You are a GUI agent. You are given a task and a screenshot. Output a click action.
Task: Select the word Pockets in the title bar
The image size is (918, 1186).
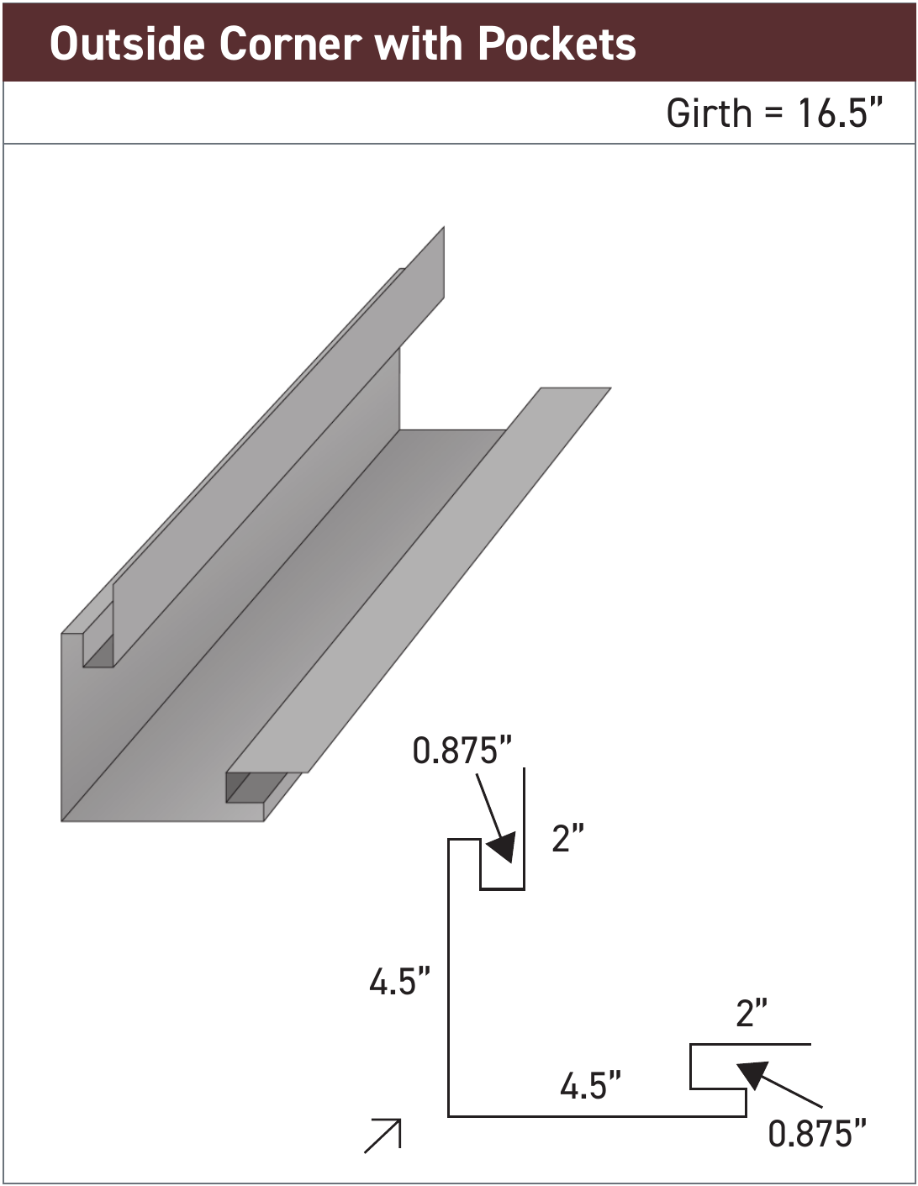tap(557, 44)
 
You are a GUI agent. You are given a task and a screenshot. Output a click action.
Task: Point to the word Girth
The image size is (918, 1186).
tap(709, 113)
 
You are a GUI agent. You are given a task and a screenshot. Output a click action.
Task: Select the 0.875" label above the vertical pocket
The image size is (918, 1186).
tap(462, 751)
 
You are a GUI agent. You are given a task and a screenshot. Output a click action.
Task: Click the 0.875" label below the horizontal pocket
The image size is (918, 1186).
tap(816, 1134)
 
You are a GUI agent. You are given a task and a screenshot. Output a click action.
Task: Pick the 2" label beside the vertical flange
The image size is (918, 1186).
tap(567, 839)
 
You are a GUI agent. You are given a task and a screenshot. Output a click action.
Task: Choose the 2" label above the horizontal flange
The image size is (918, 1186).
tap(752, 1014)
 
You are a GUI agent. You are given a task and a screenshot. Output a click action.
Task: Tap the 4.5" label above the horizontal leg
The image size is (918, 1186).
tap(591, 1086)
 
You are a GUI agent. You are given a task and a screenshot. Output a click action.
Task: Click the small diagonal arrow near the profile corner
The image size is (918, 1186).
tap(384, 1136)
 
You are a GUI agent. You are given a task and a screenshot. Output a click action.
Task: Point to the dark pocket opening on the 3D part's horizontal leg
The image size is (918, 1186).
tap(252, 788)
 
